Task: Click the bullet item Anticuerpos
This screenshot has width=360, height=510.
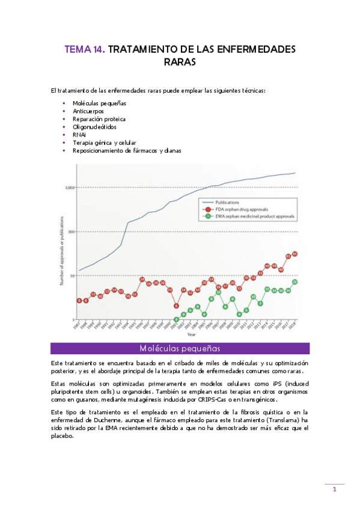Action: click(x=88, y=111)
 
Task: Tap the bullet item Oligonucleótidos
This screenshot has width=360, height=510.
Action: click(x=95, y=127)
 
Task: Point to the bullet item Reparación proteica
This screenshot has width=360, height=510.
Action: click(x=99, y=119)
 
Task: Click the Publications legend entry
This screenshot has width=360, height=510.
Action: click(x=230, y=203)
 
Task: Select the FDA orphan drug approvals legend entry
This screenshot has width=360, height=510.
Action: click(x=243, y=209)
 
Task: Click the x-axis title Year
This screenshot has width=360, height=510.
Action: click(x=191, y=334)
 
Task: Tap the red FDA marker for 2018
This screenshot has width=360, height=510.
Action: click(x=295, y=254)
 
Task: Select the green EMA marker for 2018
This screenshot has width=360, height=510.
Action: click(x=295, y=281)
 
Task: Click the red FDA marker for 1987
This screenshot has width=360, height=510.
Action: click(x=79, y=300)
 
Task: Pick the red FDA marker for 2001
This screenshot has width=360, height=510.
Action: click(x=177, y=306)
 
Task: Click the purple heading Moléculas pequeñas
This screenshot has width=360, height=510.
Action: click(x=180, y=348)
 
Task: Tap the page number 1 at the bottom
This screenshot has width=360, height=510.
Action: click(x=334, y=490)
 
